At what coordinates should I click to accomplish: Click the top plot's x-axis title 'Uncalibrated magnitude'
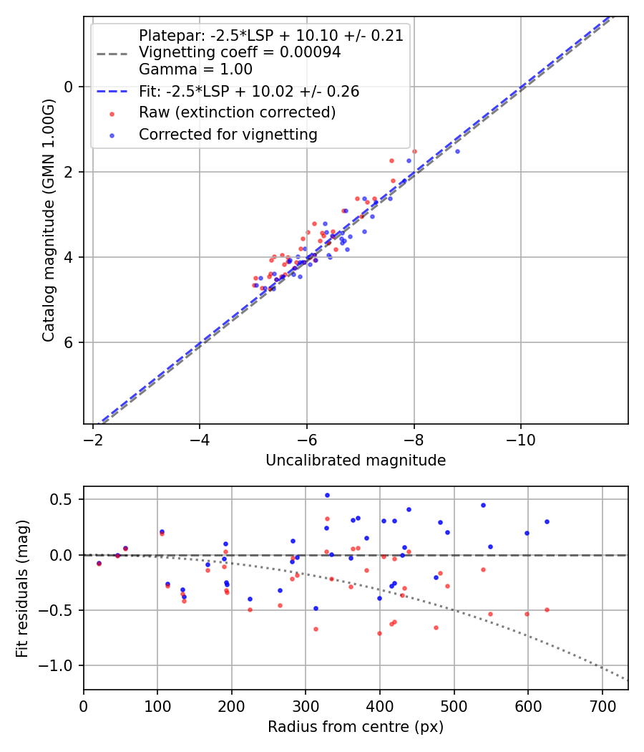click(x=356, y=461)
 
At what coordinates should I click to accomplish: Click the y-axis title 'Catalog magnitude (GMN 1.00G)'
click(x=48, y=220)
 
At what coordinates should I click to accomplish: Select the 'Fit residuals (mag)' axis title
click(x=22, y=587)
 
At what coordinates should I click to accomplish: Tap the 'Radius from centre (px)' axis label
click(x=356, y=727)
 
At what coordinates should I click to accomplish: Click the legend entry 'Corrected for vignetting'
click(x=228, y=134)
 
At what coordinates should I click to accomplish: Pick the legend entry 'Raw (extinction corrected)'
click(x=237, y=112)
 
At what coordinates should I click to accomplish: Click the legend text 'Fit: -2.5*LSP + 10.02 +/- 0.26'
click(x=249, y=92)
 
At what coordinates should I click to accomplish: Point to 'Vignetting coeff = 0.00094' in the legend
click(x=240, y=52)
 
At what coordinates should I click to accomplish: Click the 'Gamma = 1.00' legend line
click(x=195, y=69)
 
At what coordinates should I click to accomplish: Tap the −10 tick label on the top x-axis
click(x=520, y=438)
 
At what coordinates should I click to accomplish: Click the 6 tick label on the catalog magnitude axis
click(x=69, y=342)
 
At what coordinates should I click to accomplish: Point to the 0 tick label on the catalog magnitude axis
click(x=69, y=87)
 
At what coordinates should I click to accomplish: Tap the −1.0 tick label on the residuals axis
click(x=58, y=666)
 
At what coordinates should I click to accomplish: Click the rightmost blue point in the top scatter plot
click(x=457, y=151)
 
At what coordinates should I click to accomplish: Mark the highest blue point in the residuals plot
click(x=327, y=495)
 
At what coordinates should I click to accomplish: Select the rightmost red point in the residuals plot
click(x=547, y=609)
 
